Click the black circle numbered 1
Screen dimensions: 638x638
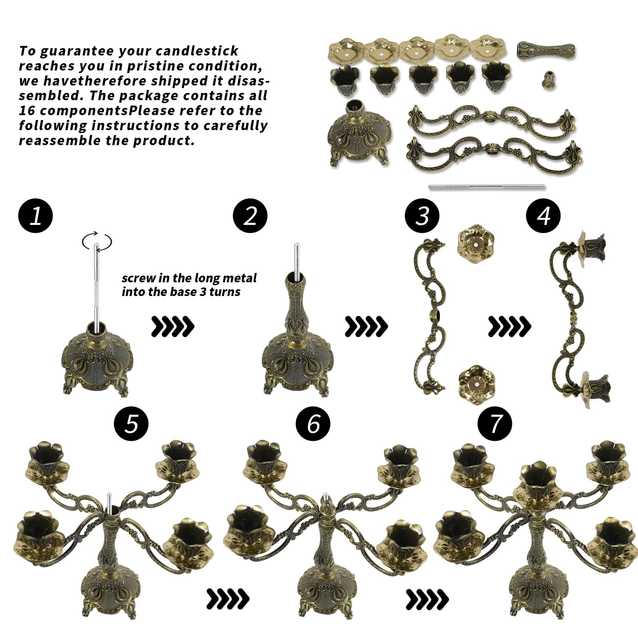point(36,216)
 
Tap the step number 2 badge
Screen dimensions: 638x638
point(250,216)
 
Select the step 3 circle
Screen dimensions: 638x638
point(422,216)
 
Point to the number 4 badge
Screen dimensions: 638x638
point(543,216)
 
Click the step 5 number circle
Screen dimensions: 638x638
point(131,423)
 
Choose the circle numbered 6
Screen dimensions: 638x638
point(313,423)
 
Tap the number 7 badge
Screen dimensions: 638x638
point(495,423)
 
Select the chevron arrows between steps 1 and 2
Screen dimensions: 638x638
point(173,327)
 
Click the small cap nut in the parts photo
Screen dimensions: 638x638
point(548,79)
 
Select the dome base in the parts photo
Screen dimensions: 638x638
point(360,134)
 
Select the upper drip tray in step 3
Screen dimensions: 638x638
point(475,244)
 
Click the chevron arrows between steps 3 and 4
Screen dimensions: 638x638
point(509,327)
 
